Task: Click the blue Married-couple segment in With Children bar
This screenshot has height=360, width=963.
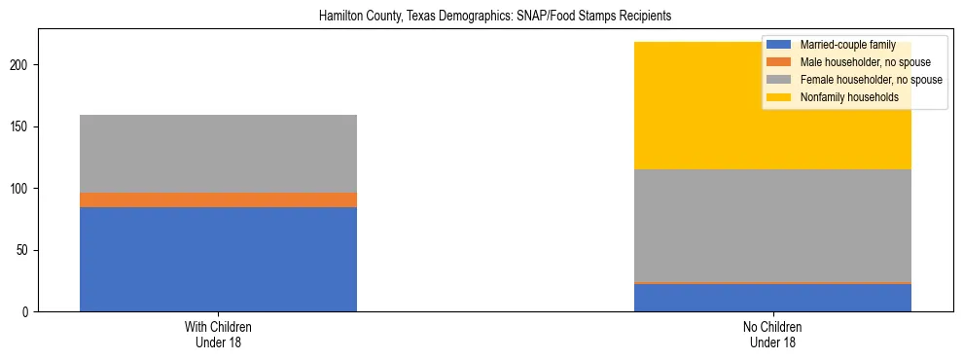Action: [x=218, y=259]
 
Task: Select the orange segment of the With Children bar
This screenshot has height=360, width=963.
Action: [x=218, y=199]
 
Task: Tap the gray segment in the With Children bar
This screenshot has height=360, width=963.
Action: [x=218, y=154]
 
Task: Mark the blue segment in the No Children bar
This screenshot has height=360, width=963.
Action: [x=772, y=298]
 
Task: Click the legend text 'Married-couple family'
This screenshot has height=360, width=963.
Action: [x=846, y=45]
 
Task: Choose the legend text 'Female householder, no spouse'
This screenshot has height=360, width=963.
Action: [x=871, y=80]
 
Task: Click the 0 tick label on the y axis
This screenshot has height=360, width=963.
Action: [x=26, y=312]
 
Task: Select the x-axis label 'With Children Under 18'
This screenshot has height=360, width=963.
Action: [x=218, y=335]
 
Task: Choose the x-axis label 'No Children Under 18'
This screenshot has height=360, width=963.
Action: [x=772, y=335]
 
